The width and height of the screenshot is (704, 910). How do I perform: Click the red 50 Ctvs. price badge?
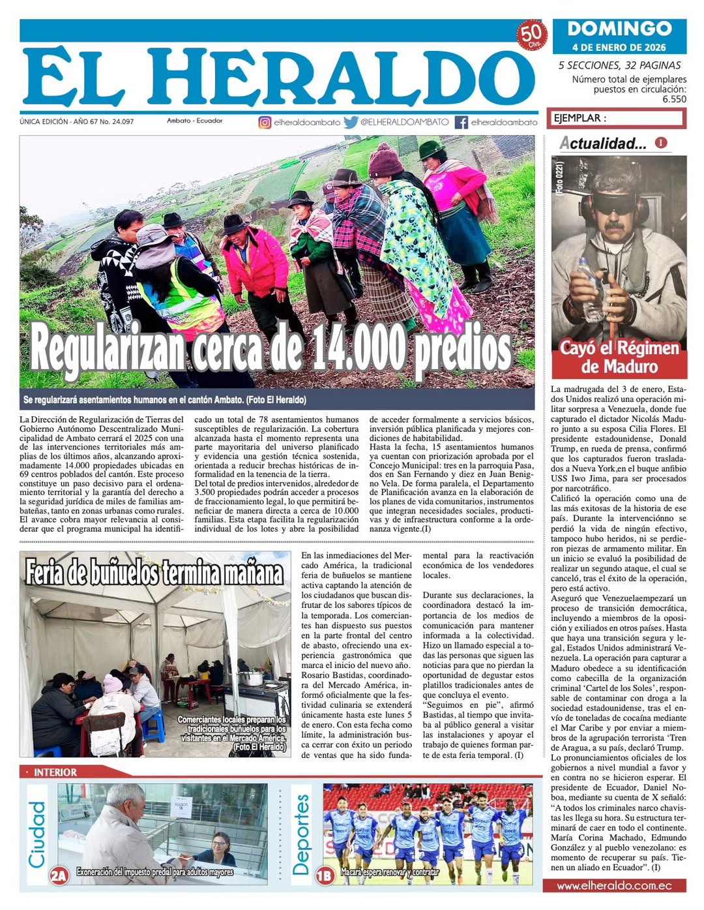[x=532, y=35]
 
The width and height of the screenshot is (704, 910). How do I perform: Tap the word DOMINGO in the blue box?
[x=619, y=29]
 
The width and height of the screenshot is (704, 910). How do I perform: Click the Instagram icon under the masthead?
[x=265, y=122]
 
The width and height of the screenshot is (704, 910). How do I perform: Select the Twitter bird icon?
[x=351, y=122]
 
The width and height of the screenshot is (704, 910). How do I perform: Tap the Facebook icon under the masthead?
[x=461, y=122]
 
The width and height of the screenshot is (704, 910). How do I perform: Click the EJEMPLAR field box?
[x=616, y=118]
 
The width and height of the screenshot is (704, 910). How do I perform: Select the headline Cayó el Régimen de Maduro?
[x=619, y=357]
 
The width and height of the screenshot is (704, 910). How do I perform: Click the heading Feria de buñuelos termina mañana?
[x=155, y=572]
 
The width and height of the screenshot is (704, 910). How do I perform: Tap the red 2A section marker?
[x=59, y=875]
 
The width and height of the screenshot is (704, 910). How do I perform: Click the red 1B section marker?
[x=325, y=875]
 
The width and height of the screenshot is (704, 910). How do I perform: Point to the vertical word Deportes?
[x=301, y=834]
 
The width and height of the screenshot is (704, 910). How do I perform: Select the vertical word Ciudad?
[x=37, y=834]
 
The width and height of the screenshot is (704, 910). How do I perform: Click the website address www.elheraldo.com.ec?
[x=614, y=886]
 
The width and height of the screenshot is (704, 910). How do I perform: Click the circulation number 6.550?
[x=674, y=99]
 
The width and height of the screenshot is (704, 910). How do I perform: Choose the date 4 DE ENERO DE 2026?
[x=619, y=47]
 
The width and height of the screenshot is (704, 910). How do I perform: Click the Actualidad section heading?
[x=603, y=144]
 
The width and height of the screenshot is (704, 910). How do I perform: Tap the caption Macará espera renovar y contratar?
[x=390, y=872]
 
